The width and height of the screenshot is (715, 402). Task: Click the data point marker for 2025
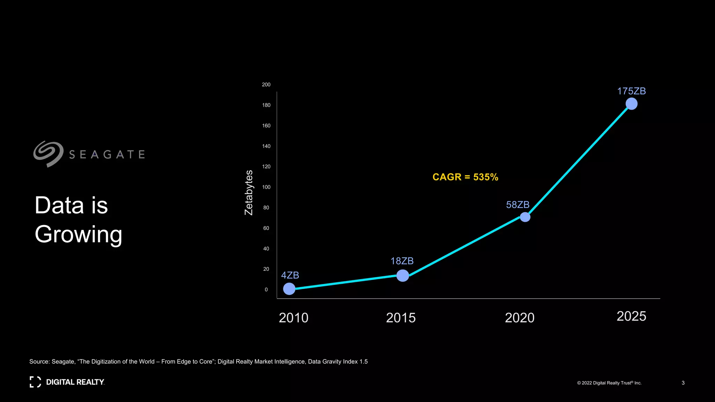631,104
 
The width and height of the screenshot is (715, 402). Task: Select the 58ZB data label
517,204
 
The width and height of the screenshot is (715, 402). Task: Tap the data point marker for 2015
403,275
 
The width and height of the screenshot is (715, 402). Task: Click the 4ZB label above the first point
290,275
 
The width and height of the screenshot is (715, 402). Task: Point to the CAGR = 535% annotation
465,177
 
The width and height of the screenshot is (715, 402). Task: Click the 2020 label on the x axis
519,318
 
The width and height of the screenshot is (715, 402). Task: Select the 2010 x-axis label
293,318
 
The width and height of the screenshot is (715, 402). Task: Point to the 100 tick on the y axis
266,187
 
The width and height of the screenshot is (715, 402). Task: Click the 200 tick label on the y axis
266,84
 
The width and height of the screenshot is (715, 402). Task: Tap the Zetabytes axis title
249,193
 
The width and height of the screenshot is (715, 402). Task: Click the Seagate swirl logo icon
48,154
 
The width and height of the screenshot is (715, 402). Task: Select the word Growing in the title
79,234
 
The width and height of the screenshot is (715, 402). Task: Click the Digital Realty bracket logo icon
35,382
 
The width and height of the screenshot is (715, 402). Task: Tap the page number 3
683,383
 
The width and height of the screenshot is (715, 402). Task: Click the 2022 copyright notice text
609,383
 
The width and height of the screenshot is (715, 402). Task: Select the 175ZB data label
631,91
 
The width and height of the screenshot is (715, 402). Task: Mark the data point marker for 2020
525,217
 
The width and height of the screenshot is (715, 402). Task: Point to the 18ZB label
402,261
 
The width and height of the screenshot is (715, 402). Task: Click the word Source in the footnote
39,362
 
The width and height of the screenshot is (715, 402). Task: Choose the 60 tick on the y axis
266,228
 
